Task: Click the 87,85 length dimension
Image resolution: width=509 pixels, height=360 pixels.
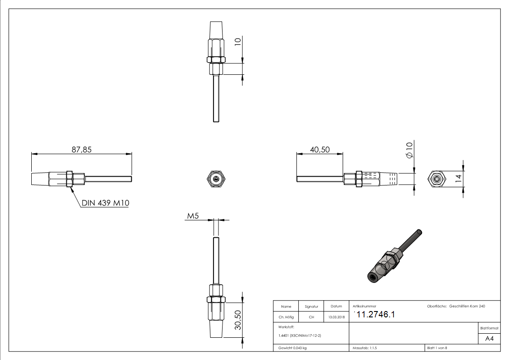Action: [x=82, y=149]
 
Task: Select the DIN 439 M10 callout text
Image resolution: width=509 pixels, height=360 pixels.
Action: [x=106, y=203]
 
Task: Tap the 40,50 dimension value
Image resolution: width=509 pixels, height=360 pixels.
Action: [x=320, y=149]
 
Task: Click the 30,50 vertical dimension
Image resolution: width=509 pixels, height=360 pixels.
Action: [x=237, y=320]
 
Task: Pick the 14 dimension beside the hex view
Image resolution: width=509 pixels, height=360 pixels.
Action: [x=458, y=178]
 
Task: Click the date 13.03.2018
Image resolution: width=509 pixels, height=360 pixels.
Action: [x=336, y=317]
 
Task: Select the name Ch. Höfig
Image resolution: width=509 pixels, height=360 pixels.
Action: [x=286, y=317]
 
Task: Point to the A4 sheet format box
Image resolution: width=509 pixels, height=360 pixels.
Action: [x=489, y=339]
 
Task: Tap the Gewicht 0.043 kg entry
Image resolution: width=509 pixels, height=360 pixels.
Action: [x=292, y=348]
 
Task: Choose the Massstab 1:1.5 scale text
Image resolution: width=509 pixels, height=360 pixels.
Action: [x=365, y=348]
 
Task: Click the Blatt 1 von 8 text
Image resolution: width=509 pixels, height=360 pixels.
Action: [x=437, y=348]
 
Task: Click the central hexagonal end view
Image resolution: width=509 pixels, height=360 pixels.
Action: [x=216, y=178]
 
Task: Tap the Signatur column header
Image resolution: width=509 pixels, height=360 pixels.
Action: [x=311, y=307]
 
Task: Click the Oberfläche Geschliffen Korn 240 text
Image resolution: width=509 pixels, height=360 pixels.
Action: [x=456, y=307]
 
